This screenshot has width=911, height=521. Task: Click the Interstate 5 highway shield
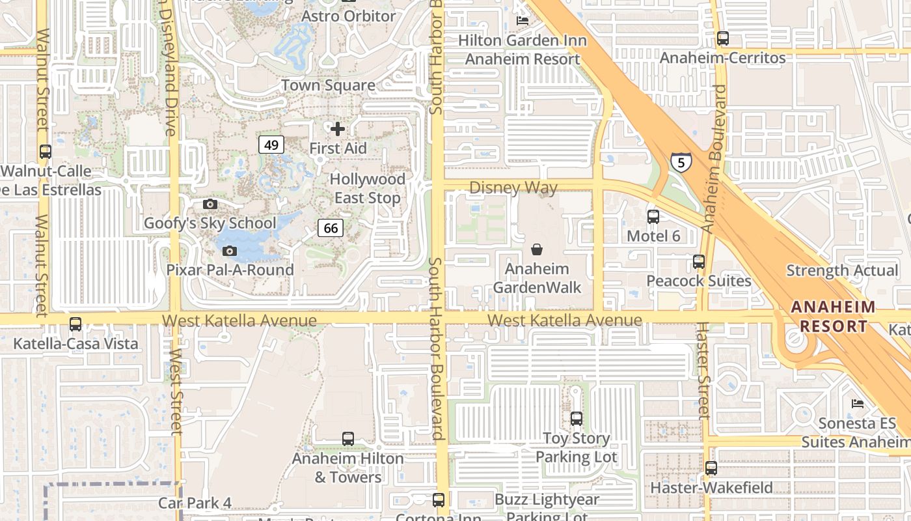pyautogui.click(x=681, y=162)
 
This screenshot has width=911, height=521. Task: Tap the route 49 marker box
pyautogui.click(x=271, y=145)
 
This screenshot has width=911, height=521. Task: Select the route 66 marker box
pyautogui.click(x=331, y=227)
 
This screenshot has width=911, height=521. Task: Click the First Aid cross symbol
pyautogui.click(x=338, y=129)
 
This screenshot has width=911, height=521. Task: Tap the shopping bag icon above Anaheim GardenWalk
pyautogui.click(x=537, y=249)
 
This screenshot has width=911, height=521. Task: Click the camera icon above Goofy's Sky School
pyautogui.click(x=210, y=204)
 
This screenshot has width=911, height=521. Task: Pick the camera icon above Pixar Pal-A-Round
pyautogui.click(x=230, y=251)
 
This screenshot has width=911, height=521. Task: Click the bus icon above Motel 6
pyautogui.click(x=653, y=217)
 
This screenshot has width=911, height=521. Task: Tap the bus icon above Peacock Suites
pyautogui.click(x=699, y=262)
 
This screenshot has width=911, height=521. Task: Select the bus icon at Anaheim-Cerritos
pyautogui.click(x=723, y=38)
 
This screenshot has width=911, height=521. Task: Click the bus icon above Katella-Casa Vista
pyautogui.click(x=75, y=324)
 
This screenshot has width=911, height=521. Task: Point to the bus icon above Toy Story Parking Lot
pyautogui.click(x=577, y=419)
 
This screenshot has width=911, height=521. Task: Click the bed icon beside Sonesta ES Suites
pyautogui.click(x=858, y=404)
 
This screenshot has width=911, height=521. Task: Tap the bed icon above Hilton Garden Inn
pyautogui.click(x=523, y=21)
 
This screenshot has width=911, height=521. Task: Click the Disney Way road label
pyautogui.click(x=513, y=188)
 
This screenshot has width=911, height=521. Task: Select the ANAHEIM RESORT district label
pyautogui.click(x=834, y=317)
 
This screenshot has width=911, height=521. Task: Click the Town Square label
pyautogui.click(x=328, y=85)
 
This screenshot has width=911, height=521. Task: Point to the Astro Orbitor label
pyautogui.click(x=349, y=16)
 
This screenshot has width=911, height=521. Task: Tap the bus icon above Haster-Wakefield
pyautogui.click(x=711, y=468)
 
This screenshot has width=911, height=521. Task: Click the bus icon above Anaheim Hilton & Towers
pyautogui.click(x=348, y=439)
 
